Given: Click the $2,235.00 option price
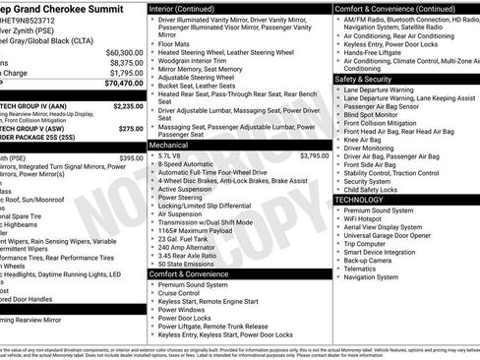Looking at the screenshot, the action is point(128,105).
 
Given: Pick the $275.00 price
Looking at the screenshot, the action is point(131,128).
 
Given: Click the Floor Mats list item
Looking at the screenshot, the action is point(173,43).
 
